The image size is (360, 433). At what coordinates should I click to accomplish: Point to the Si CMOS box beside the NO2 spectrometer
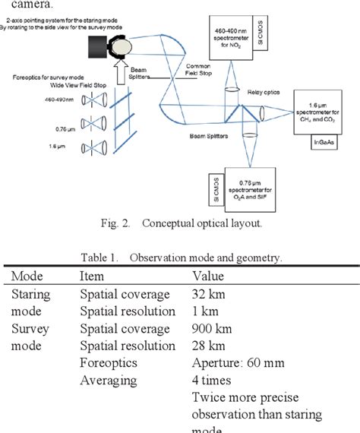(x=263, y=36)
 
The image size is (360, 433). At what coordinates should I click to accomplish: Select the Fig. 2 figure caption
(x=180, y=224)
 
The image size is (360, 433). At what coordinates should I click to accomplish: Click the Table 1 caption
(x=179, y=258)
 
